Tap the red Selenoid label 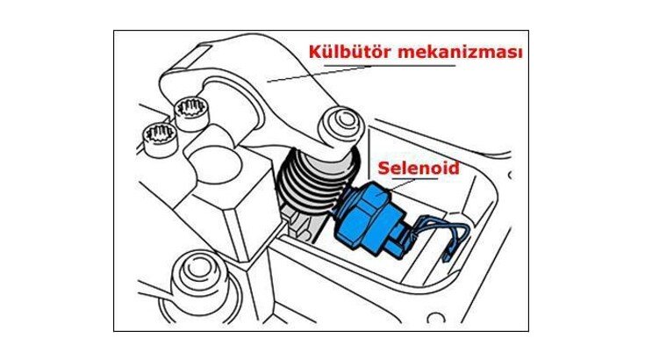tap(419, 168)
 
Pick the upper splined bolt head tap(190, 109)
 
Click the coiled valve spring tap(315, 181)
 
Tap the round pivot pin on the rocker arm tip tap(342, 122)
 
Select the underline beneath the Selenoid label tap(414, 178)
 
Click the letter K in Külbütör tap(315, 52)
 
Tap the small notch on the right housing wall tap(510, 176)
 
